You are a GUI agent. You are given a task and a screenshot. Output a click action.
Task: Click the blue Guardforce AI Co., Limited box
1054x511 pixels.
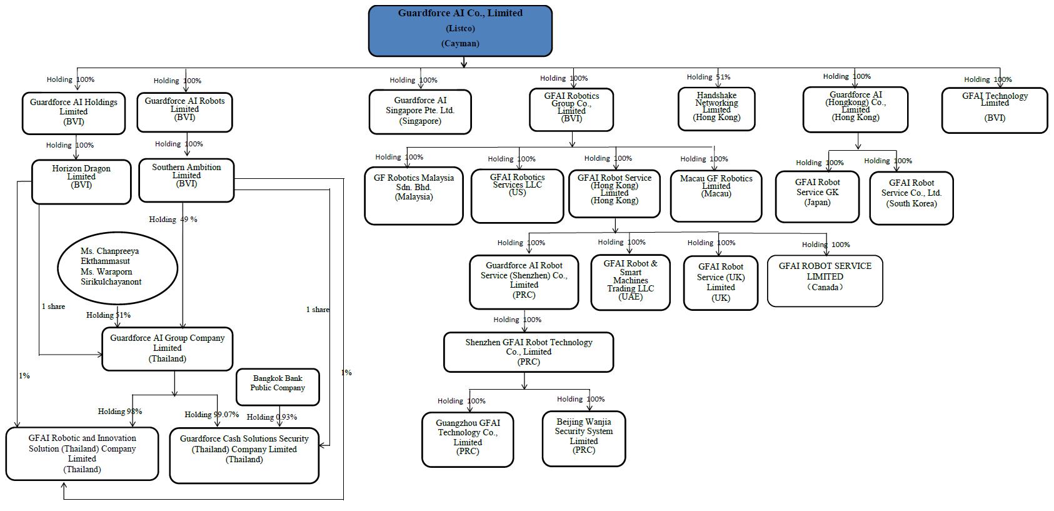pos(460,31)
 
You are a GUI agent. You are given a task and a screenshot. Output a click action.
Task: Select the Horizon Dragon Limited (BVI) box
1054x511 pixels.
pos(81,181)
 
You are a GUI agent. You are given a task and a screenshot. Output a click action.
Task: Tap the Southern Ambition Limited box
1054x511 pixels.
pos(186,180)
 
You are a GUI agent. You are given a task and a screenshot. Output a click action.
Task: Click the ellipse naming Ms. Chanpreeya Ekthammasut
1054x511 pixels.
pos(118,267)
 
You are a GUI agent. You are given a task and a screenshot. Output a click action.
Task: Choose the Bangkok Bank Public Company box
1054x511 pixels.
pos(278,387)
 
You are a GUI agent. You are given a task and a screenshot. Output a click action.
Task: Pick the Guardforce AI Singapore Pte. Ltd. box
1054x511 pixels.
pos(420,111)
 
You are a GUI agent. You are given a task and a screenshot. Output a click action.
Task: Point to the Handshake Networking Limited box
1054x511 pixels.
pos(716,108)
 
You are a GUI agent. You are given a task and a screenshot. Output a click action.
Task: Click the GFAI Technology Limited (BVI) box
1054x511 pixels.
pos(994,110)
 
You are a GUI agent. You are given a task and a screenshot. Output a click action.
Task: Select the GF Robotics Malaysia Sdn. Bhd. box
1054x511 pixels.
pos(414,195)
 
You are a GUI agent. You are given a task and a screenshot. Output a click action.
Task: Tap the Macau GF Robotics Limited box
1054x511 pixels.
pos(716,195)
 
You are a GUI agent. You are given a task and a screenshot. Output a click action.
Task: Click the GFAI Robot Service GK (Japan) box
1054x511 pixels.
pos(817,196)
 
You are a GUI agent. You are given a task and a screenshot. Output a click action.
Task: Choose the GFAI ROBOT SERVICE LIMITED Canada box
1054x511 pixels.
pos(825,280)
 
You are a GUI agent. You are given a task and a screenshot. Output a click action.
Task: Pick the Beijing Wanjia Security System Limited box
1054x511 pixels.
pos(584,438)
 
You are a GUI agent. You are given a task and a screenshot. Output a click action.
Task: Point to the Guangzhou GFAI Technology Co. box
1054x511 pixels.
pos(468,439)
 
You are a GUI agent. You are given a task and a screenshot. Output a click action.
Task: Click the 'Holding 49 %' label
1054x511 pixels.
pos(173,220)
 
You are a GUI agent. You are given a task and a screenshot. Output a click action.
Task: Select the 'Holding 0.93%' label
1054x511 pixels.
pos(272,417)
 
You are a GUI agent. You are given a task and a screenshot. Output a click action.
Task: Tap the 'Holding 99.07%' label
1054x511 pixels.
pos(211,415)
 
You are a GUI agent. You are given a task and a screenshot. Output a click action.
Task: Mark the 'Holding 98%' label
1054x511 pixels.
pos(120,412)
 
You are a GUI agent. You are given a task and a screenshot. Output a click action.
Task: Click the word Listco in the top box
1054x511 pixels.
pos(460,29)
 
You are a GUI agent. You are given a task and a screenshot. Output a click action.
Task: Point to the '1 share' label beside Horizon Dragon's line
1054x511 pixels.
pos(54,306)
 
